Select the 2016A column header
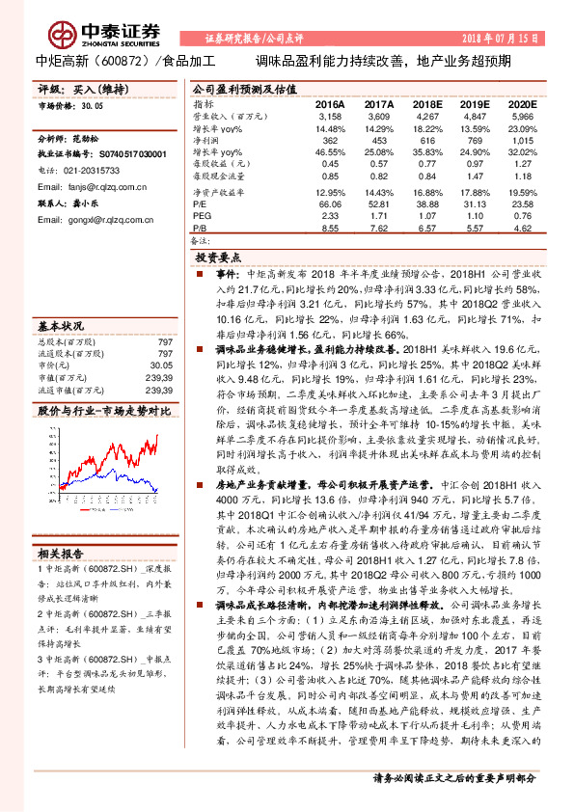[x=330, y=103]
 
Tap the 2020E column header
[x=521, y=103]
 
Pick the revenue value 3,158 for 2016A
[x=330, y=115]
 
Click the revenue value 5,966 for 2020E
[x=521, y=115]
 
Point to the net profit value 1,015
[x=521, y=140]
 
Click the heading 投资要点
[x=218, y=258]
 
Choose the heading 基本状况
[x=61, y=325]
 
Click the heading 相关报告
[x=61, y=554]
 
